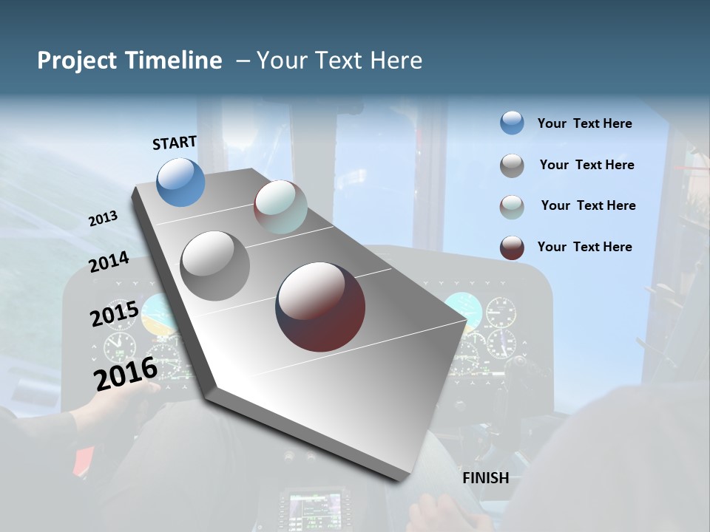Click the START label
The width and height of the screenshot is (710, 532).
point(175,143)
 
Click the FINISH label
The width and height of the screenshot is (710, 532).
point(486,478)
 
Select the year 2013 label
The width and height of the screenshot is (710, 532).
point(103,219)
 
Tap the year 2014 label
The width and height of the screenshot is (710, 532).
point(109,262)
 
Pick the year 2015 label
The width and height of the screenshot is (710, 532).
point(115,314)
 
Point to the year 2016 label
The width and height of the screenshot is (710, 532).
point(126,373)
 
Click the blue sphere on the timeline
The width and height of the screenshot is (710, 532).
point(181,182)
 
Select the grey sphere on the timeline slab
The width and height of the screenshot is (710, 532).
point(215,266)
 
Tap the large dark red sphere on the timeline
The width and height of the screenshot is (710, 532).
point(320,307)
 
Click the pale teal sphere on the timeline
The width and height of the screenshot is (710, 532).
point(280,207)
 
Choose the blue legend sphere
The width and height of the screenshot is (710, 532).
point(512,123)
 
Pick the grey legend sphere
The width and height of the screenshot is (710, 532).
point(512,166)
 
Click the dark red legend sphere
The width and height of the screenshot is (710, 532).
point(512,248)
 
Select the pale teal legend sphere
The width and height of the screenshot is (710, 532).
point(512,207)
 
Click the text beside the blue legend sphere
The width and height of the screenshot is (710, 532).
point(584,124)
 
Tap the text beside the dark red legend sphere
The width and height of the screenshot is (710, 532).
point(584,247)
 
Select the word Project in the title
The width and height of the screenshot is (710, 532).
point(76,61)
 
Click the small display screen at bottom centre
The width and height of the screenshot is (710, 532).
point(314,508)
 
